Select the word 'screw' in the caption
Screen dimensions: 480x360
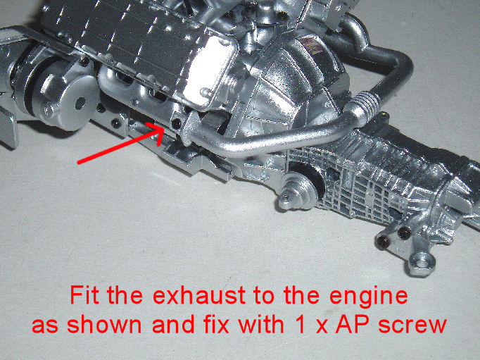pos(412,325)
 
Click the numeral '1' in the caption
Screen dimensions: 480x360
pos(301,323)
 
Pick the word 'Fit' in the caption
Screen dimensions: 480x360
pos(85,294)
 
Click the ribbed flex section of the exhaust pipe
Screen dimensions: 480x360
pos(367,104)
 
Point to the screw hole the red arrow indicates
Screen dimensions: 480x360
pos(177,123)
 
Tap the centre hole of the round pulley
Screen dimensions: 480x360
pos(80,104)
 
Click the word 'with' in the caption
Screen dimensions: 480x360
pos(261,323)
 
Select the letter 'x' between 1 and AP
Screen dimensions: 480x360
pos(321,327)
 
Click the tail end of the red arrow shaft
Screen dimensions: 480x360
pos(79,162)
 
